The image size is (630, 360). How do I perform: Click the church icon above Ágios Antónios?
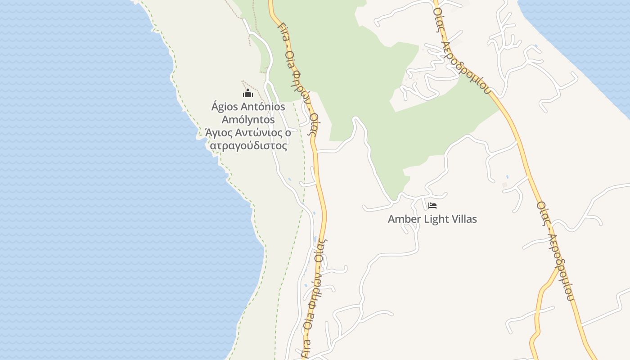click(248, 94)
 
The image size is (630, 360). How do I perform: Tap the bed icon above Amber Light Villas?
click(432, 206)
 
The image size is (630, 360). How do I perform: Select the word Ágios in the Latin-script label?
click(225, 107)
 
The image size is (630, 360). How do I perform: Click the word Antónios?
click(264, 107)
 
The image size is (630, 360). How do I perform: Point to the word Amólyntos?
click(248, 120)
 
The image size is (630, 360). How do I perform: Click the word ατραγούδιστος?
click(248, 146)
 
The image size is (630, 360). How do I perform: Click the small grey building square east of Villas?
click(504, 184)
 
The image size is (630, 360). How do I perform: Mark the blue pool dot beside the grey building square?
click(507, 176)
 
